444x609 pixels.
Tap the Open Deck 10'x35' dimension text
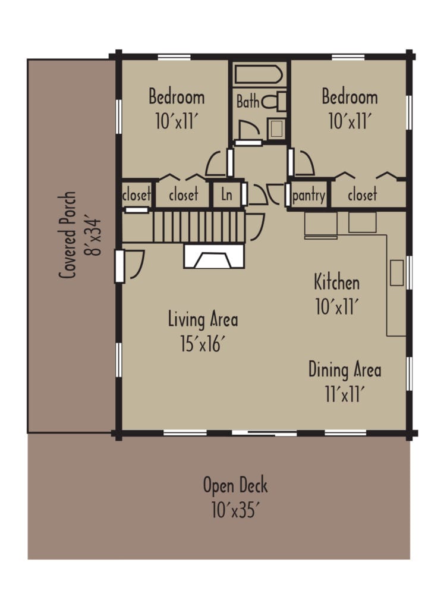235,510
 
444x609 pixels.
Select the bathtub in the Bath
259,76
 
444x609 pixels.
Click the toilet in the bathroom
276,102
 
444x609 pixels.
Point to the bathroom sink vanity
276,128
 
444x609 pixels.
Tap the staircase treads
199,226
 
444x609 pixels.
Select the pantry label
308,195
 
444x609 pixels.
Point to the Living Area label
203,319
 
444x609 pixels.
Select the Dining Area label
344,370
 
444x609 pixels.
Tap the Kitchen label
336,281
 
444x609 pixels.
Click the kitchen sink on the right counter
396,272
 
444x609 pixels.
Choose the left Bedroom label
177,96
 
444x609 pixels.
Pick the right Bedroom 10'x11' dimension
349,121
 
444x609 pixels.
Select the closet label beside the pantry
363,195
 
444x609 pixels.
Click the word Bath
248,102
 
